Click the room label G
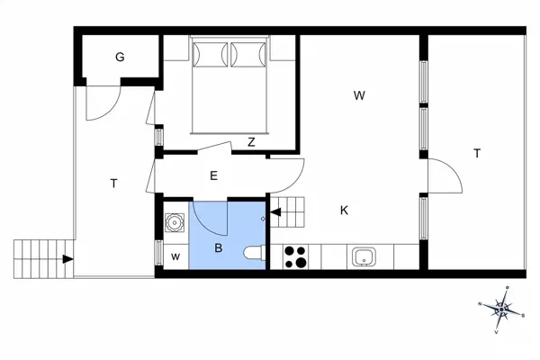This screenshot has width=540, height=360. [x=120, y=58]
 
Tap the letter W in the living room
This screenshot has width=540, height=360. [x=359, y=94]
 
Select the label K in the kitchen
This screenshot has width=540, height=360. [x=344, y=211]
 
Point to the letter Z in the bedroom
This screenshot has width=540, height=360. [x=251, y=141]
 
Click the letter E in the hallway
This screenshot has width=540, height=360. [x=213, y=175]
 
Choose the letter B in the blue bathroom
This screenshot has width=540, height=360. [x=218, y=247]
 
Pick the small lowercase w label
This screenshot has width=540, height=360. [x=175, y=256]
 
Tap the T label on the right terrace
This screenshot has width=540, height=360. [x=477, y=153]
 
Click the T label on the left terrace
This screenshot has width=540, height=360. [x=113, y=184]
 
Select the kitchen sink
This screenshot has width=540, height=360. [x=364, y=256]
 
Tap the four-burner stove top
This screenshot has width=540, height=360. [x=296, y=257]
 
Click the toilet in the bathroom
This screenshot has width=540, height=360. [x=255, y=253]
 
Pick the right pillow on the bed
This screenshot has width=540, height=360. [x=248, y=55]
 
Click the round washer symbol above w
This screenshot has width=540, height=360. [x=173, y=221]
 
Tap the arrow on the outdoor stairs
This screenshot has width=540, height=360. [x=67, y=260]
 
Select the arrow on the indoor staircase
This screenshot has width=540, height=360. [x=275, y=213]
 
